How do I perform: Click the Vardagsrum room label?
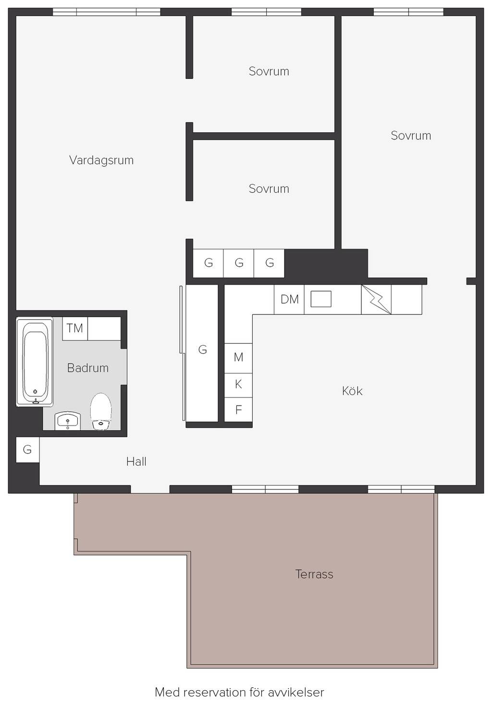101,161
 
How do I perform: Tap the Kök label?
352,391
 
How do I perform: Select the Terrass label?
314,574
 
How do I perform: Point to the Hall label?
136,462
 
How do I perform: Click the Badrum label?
88,368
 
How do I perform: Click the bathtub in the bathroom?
35,362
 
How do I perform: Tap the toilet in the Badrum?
101,411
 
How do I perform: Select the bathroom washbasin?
68,421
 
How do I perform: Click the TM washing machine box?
75,328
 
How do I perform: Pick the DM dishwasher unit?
289,299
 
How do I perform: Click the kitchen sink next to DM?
321,299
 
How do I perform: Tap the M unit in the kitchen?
238,358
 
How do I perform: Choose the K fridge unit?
238,385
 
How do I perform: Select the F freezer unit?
238,409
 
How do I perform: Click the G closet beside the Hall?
27,449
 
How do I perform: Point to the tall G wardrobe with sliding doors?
202,353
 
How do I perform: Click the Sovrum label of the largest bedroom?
411,136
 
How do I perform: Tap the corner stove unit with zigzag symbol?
376,299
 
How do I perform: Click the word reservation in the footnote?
215,692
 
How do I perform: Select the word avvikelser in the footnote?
296,692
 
